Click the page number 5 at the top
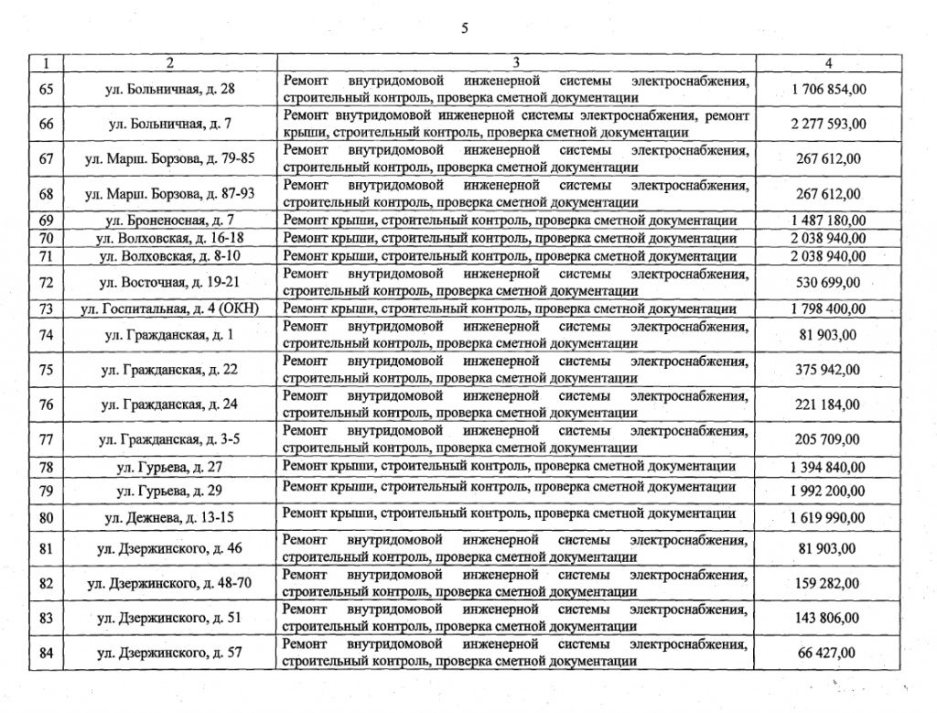point(465,27)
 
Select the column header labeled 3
point(517,63)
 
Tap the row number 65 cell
point(47,89)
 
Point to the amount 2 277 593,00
point(828,124)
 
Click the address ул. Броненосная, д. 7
point(169,221)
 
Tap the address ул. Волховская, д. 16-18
point(169,238)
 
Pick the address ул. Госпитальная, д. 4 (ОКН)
point(169,308)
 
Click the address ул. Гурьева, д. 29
point(169,492)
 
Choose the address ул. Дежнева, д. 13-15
point(169,517)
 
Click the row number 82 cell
point(47,583)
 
